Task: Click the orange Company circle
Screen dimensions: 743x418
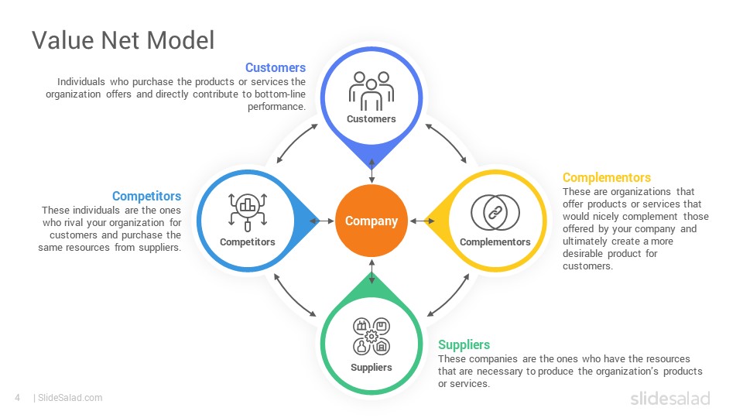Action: pos(371,221)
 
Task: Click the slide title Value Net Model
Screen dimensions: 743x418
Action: pos(123,39)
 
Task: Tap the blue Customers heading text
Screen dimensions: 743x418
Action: pos(276,68)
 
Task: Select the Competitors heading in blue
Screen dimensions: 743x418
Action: pos(146,196)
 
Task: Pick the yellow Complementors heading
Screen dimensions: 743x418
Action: pos(607,178)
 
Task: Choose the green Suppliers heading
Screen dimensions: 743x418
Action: pos(464,344)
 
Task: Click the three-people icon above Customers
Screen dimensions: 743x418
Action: pos(371,91)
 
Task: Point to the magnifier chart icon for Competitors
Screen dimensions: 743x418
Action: pos(248,212)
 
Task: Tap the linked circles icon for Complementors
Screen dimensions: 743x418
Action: pos(495,213)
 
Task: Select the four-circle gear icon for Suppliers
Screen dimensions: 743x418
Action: pos(371,336)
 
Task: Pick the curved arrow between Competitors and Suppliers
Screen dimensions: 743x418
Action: pos(294,296)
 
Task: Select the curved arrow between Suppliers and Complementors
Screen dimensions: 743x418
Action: pos(449,296)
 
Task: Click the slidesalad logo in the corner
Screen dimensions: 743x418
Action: pos(670,398)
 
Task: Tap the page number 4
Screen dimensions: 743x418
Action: pos(18,398)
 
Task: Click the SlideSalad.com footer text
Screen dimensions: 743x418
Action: pos(70,398)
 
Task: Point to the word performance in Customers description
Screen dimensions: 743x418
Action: pos(277,107)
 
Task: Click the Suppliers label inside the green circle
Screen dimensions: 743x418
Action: pos(371,367)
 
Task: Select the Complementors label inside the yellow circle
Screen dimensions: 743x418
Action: pos(495,242)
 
